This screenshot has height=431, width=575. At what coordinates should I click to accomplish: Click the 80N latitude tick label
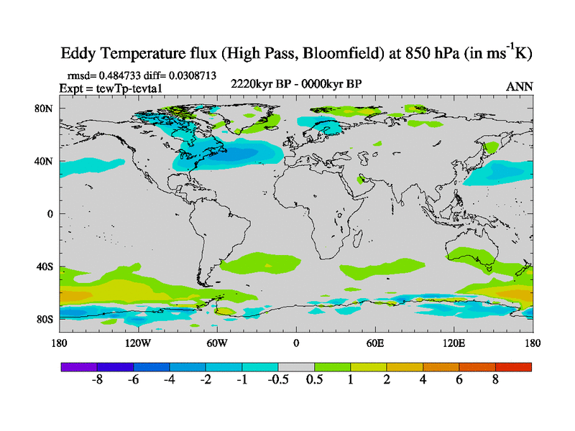pyautogui.click(x=45, y=108)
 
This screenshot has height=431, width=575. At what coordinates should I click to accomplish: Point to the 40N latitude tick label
pyautogui.click(x=45, y=161)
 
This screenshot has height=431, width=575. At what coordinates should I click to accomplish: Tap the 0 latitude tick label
pyautogui.click(x=50, y=214)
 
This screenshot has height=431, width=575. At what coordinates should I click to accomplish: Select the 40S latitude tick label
pyautogui.click(x=46, y=267)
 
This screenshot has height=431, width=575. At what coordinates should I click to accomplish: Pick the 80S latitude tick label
pyautogui.click(x=46, y=319)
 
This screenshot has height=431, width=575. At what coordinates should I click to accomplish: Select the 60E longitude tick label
pyautogui.click(x=375, y=343)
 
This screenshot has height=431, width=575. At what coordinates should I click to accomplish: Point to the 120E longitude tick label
pyautogui.click(x=454, y=343)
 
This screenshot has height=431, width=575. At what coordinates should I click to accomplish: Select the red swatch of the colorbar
pyautogui.click(x=513, y=367)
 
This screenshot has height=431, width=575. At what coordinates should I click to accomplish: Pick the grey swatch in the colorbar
pyautogui.click(x=296, y=367)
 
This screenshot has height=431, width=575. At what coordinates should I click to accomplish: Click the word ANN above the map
pyautogui.click(x=519, y=86)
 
